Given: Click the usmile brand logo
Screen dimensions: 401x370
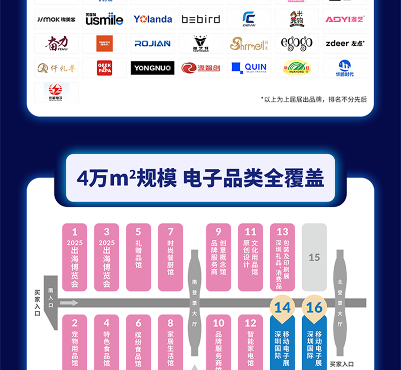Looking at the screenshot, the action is point(104,19).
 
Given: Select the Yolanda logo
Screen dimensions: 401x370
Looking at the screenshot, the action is point(152,19).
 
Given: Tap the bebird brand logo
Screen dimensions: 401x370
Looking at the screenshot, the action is point(200,19).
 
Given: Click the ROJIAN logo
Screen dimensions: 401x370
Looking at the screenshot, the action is point(152,43).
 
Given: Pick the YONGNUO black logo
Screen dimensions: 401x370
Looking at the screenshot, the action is point(152,67).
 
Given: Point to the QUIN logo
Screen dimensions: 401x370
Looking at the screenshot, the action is point(249,67).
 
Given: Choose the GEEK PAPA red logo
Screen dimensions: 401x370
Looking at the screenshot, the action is point(104,67).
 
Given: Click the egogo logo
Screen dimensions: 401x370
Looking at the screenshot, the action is point(297,43).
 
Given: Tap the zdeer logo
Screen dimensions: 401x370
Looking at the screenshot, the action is point(345,43).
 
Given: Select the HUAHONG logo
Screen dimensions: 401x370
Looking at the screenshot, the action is point(297,67).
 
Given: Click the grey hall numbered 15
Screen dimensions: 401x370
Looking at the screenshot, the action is point(314,257).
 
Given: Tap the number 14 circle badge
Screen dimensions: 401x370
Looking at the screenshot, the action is point(282,307).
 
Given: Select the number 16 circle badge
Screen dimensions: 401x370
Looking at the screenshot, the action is point(314,307).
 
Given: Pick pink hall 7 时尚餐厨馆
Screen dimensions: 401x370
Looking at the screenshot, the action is point(170,257).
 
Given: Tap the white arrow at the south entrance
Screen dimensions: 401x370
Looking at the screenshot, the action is point(69,302).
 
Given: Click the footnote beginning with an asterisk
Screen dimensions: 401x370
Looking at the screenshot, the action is point(314,99).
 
